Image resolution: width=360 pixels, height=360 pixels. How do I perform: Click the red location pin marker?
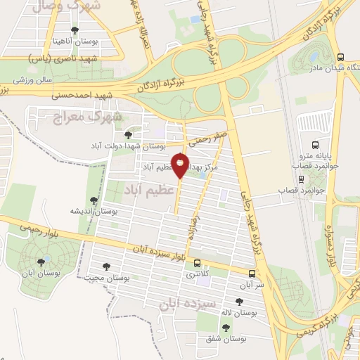pyautogui.click(x=181, y=164)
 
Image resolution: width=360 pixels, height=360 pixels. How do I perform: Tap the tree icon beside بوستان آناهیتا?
pyautogui.click(x=75, y=30)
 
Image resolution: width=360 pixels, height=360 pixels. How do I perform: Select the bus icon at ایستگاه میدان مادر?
pyautogui.click(x=341, y=58)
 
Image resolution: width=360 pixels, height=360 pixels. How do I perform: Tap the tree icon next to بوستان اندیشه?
pyautogui.click(x=95, y=200)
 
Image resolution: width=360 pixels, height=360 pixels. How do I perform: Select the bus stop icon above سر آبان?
pyautogui.click(x=252, y=273)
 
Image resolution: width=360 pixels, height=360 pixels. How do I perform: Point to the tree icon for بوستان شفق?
pyautogui.click(x=226, y=327)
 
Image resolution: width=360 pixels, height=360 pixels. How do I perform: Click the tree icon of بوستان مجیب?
pyautogui.click(x=105, y=266)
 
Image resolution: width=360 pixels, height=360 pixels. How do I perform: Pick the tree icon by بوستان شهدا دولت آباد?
pyautogui.click(x=128, y=134)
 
